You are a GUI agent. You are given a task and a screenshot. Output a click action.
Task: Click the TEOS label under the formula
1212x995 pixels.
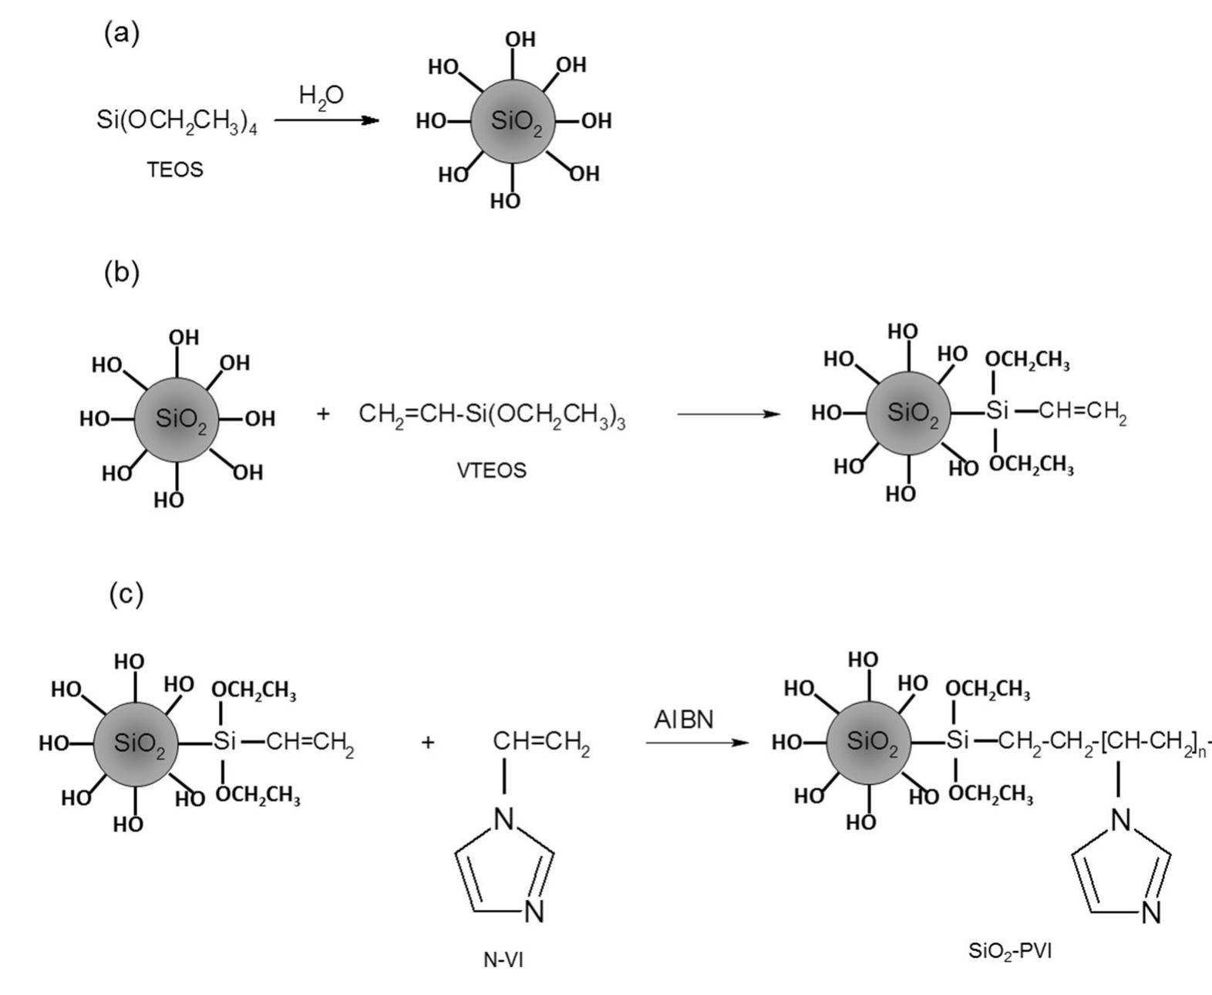[175, 170]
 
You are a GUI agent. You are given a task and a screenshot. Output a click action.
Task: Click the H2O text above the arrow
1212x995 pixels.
[321, 96]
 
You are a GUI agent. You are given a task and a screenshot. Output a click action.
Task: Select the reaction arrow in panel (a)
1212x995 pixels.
[326, 120]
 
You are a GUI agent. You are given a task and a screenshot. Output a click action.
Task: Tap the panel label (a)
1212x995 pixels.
[122, 34]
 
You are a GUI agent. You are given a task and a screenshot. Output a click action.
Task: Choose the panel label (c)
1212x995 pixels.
[126, 594]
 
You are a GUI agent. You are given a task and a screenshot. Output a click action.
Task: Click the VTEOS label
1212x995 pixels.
[491, 471]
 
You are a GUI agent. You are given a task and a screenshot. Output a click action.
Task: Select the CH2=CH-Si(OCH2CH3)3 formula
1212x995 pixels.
[492, 415]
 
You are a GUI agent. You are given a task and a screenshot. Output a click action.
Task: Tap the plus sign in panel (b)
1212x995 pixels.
[323, 413]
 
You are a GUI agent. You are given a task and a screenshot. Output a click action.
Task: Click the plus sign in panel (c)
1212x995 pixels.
[428, 742]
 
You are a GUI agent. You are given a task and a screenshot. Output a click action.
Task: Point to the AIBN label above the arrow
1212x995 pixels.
[684, 720]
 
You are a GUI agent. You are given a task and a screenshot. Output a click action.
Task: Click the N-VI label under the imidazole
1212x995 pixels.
[503, 960]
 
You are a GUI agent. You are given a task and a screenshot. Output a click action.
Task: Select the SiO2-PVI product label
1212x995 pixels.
[1010, 951]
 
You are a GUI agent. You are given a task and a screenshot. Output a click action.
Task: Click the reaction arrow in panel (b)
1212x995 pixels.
[729, 414]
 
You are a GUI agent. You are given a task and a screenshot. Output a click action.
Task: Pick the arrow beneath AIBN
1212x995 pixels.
[697, 743]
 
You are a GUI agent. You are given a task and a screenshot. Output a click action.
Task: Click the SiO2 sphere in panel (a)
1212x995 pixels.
[513, 121]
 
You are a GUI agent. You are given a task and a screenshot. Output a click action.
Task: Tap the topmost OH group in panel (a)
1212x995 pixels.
[520, 39]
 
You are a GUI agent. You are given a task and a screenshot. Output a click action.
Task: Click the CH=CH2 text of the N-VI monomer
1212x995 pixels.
[541, 743]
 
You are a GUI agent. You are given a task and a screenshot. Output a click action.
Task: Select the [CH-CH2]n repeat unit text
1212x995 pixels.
[1153, 743]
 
